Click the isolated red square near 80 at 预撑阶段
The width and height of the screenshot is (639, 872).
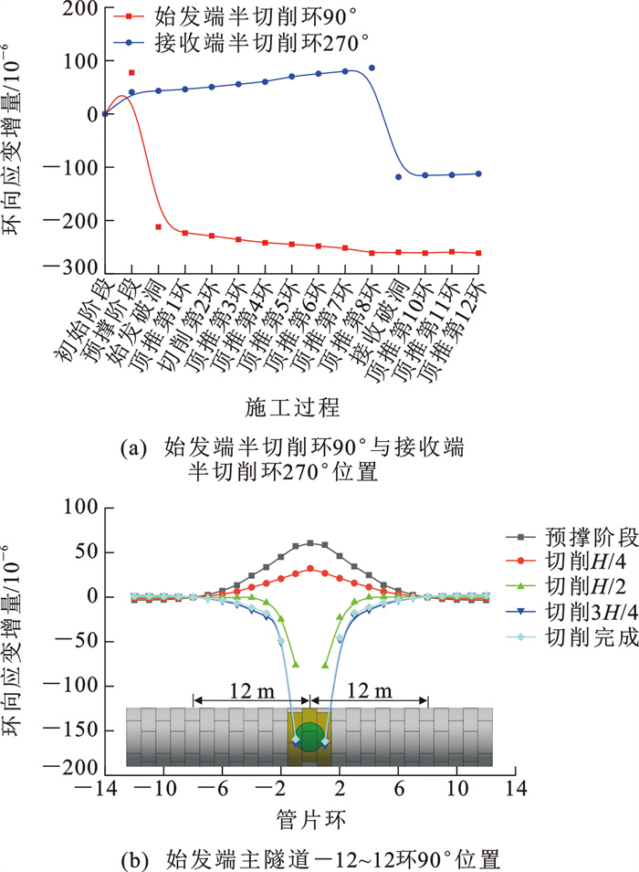tap(131, 73)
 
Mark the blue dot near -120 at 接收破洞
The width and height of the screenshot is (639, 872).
tap(398, 177)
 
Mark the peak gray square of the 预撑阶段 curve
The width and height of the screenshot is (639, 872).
tap(310, 543)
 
